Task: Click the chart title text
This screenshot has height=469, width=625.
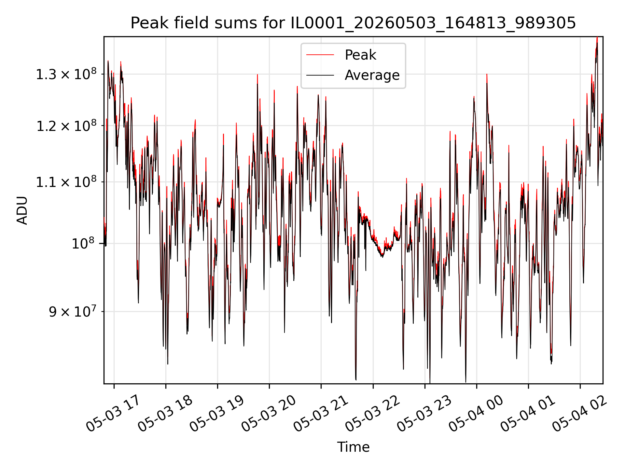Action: pyautogui.click(x=353, y=23)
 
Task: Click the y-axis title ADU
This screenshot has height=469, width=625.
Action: pyautogui.click(x=22, y=210)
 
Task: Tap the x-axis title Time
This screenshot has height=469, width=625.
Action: pyautogui.click(x=353, y=447)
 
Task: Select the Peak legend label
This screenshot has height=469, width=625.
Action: pyautogui.click(x=360, y=55)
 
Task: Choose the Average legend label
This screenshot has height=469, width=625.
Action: pyautogui.click(x=372, y=75)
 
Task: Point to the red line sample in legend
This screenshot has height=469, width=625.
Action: pyautogui.click(x=320, y=55)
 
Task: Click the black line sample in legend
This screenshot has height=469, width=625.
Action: pyautogui.click(x=320, y=75)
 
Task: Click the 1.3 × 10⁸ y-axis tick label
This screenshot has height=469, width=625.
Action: pyautogui.click(x=66, y=74)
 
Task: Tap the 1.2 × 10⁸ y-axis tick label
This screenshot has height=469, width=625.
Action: pyautogui.click(x=66, y=126)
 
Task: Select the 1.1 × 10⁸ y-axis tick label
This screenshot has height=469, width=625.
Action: pyautogui.click(x=66, y=182)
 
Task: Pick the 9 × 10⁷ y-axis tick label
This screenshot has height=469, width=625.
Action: pyautogui.click(x=73, y=311)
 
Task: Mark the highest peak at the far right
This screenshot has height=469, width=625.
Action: pyautogui.click(x=597, y=38)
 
